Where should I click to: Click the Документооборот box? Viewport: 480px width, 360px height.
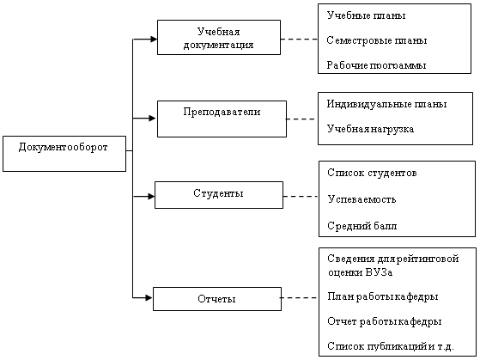click(x=64, y=154)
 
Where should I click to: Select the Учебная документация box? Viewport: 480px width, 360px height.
click(x=219, y=38)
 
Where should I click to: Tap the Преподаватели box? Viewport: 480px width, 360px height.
click(x=222, y=119)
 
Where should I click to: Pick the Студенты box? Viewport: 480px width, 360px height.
click(x=219, y=195)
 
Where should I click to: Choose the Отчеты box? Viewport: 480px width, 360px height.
click(x=217, y=299)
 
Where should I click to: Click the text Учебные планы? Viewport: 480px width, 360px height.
click(x=366, y=15)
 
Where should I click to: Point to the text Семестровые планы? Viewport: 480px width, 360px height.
click(x=377, y=40)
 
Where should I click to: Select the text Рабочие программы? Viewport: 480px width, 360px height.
click(x=376, y=65)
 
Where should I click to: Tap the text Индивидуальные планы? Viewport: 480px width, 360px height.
click(x=386, y=104)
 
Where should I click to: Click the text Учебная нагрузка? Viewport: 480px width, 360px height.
click(x=370, y=129)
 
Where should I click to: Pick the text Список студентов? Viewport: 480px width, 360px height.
click(x=372, y=173)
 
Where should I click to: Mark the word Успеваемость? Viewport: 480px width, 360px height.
click(x=362, y=199)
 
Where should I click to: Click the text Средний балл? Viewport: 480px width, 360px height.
click(x=362, y=226)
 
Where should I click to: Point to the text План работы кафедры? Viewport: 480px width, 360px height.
click(x=383, y=296)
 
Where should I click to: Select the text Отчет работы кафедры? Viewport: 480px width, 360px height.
click(x=385, y=321)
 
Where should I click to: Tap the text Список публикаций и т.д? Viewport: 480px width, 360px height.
click(x=391, y=346)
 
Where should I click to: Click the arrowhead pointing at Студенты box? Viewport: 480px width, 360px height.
click(x=151, y=197)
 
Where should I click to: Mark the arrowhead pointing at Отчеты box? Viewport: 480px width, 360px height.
click(x=149, y=297)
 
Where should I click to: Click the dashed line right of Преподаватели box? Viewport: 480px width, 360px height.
click(x=301, y=119)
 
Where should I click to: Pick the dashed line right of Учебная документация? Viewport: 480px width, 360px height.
click(x=299, y=39)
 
